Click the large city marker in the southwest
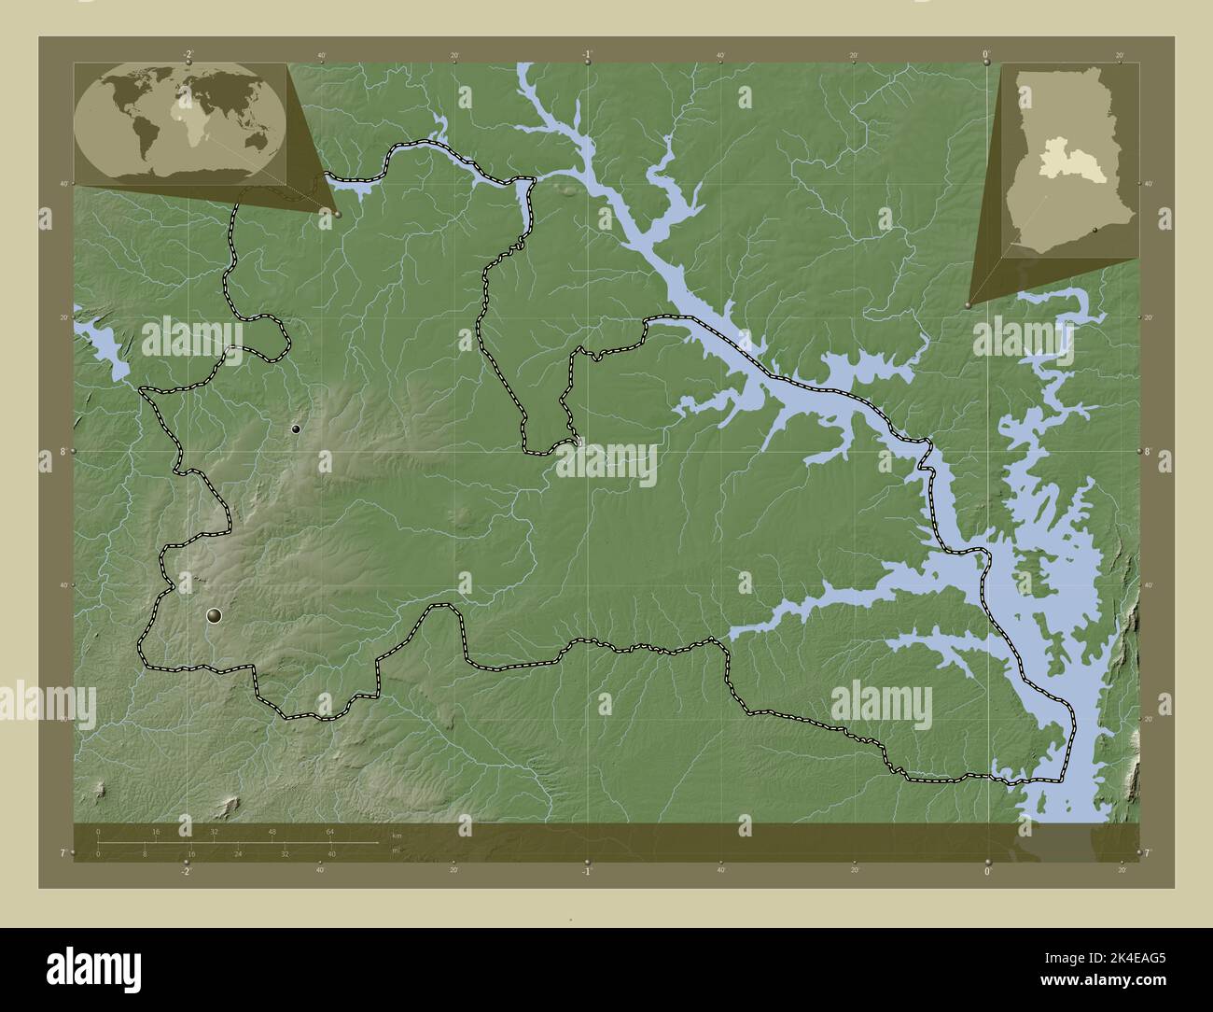pos(215,614)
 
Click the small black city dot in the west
pos(296,429)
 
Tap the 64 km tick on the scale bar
pos(329,831)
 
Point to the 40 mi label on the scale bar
pos(331,853)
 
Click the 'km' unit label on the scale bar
pos(397,835)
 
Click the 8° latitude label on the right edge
pos(1148,452)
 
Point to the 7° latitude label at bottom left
pos(63,853)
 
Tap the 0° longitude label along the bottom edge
pos(987,871)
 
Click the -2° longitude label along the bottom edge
pos(187,871)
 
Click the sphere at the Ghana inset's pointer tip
pos(969,304)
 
